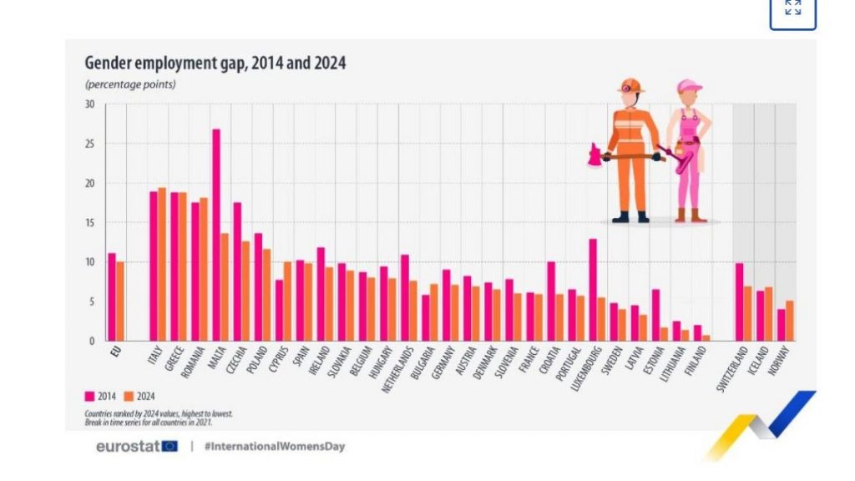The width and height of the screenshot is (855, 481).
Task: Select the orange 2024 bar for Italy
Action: [162, 264]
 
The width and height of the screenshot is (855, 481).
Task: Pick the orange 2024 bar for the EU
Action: [120, 301]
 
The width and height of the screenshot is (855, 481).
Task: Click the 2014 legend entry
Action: [102, 397]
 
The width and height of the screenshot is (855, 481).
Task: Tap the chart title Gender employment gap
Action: [215, 63]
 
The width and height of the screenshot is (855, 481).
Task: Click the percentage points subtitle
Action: [129, 84]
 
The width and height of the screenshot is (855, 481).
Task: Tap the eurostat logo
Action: [136, 446]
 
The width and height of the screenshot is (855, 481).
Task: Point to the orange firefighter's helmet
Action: [631, 85]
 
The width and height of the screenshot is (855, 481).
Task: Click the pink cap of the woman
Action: [689, 85]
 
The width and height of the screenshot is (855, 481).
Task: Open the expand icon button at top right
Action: [792, 10]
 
